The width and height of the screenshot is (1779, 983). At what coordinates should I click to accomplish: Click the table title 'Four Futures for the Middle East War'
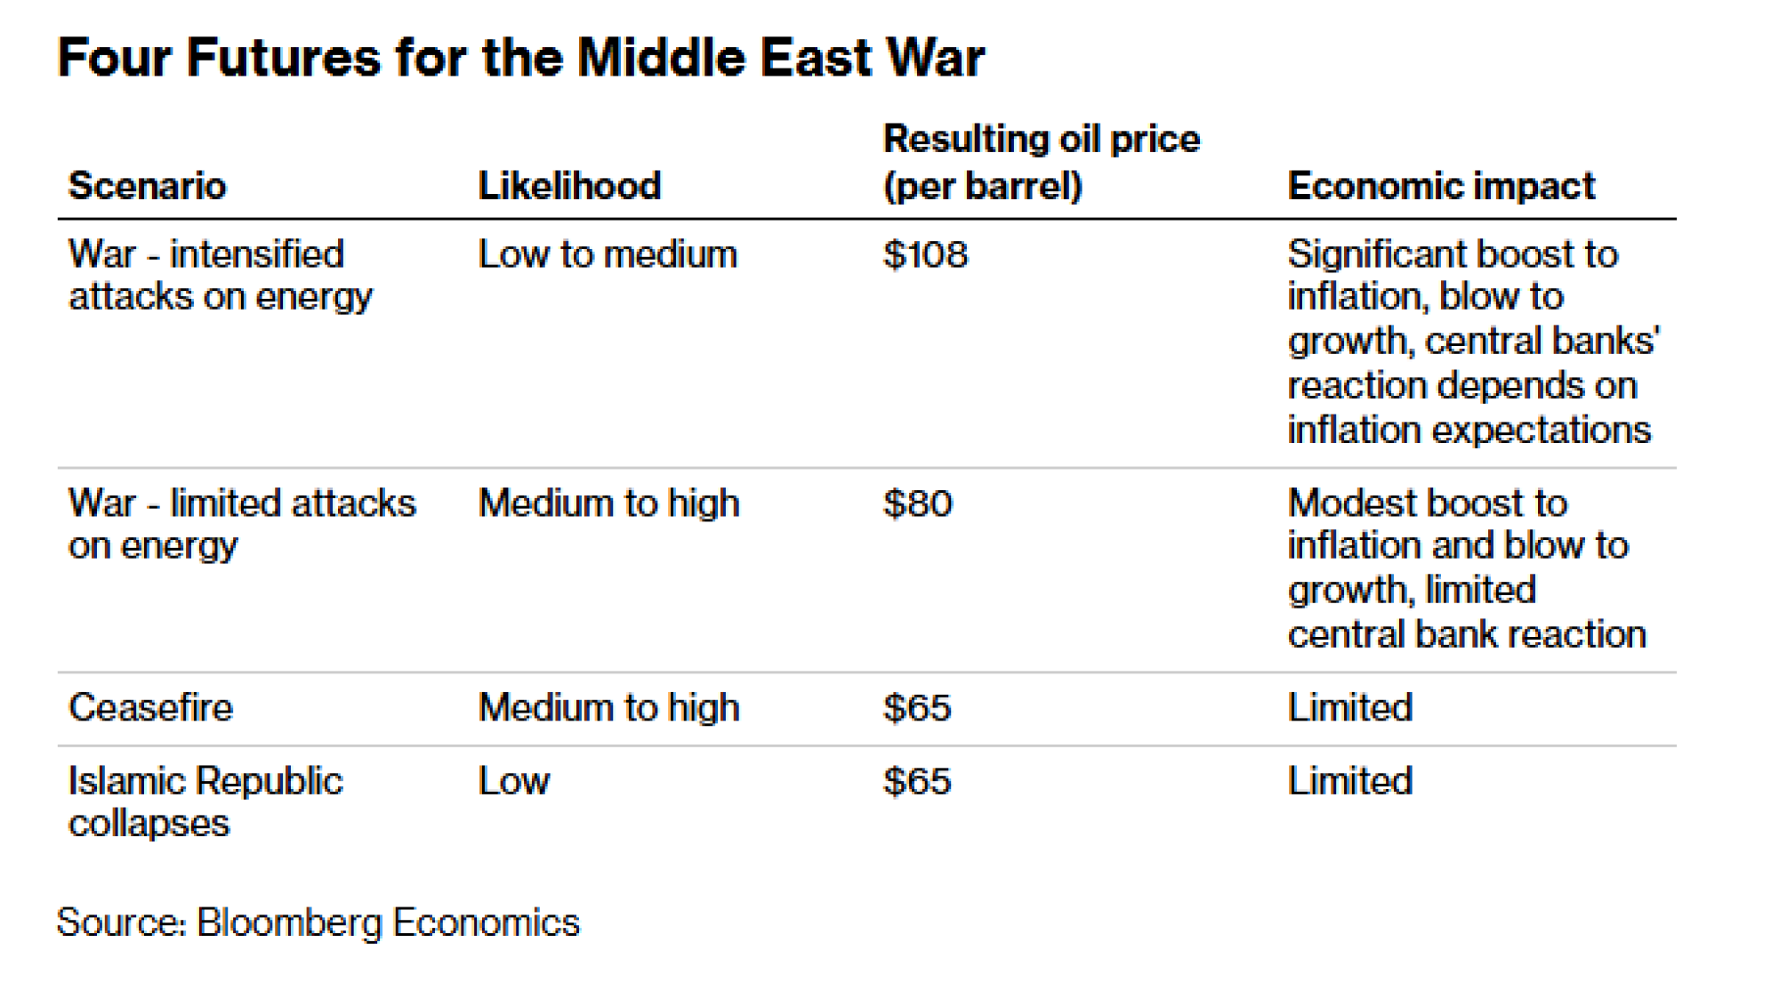(x=520, y=59)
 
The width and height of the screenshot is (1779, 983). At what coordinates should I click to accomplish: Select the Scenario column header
(x=148, y=186)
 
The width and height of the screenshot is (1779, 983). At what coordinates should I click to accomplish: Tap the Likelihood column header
(x=569, y=186)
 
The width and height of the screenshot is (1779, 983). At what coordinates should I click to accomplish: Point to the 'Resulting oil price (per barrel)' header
(x=1041, y=163)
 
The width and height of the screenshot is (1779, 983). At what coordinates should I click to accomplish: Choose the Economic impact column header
(x=1441, y=186)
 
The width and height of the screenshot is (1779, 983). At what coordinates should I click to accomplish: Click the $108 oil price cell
(x=925, y=255)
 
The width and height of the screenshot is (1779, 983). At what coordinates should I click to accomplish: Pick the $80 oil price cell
(x=918, y=504)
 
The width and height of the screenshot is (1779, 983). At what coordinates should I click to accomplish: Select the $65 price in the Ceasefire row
(x=917, y=709)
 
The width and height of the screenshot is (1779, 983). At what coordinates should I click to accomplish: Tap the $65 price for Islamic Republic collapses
(x=917, y=782)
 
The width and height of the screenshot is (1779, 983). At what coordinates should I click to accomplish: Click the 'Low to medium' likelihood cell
(x=608, y=255)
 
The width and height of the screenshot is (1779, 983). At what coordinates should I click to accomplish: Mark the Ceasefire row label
(x=150, y=709)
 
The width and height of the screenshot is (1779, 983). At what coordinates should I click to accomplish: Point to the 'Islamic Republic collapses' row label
(x=205, y=802)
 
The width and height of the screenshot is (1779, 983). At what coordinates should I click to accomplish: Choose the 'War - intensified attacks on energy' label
(x=220, y=276)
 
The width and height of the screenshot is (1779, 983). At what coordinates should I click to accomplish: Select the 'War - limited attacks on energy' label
(x=242, y=525)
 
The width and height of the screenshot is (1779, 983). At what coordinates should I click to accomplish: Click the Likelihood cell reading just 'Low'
(x=514, y=782)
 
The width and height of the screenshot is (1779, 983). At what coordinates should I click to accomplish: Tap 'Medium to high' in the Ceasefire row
(x=608, y=709)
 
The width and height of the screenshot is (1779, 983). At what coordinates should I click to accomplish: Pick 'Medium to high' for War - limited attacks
(x=608, y=504)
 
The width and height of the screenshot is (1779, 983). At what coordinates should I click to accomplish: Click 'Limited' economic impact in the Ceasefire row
(x=1349, y=709)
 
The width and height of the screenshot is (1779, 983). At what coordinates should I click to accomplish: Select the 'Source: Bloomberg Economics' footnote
(x=318, y=923)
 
